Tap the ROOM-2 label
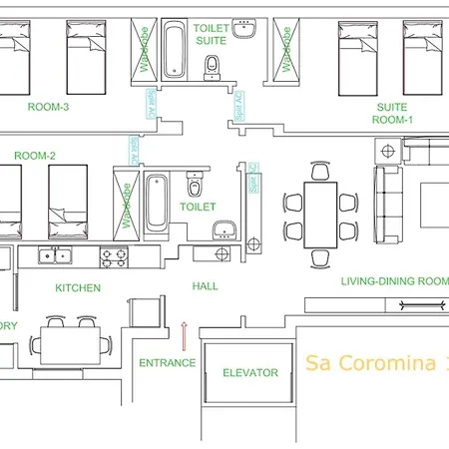[x=35, y=156]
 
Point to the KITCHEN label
[x=78, y=287]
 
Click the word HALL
[x=206, y=286]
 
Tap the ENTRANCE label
[x=167, y=362]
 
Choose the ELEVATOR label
[x=249, y=372]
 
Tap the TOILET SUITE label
[x=212, y=37]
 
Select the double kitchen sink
[x=53, y=256]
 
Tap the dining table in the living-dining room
[x=321, y=216]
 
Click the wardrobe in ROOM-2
[x=126, y=202]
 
